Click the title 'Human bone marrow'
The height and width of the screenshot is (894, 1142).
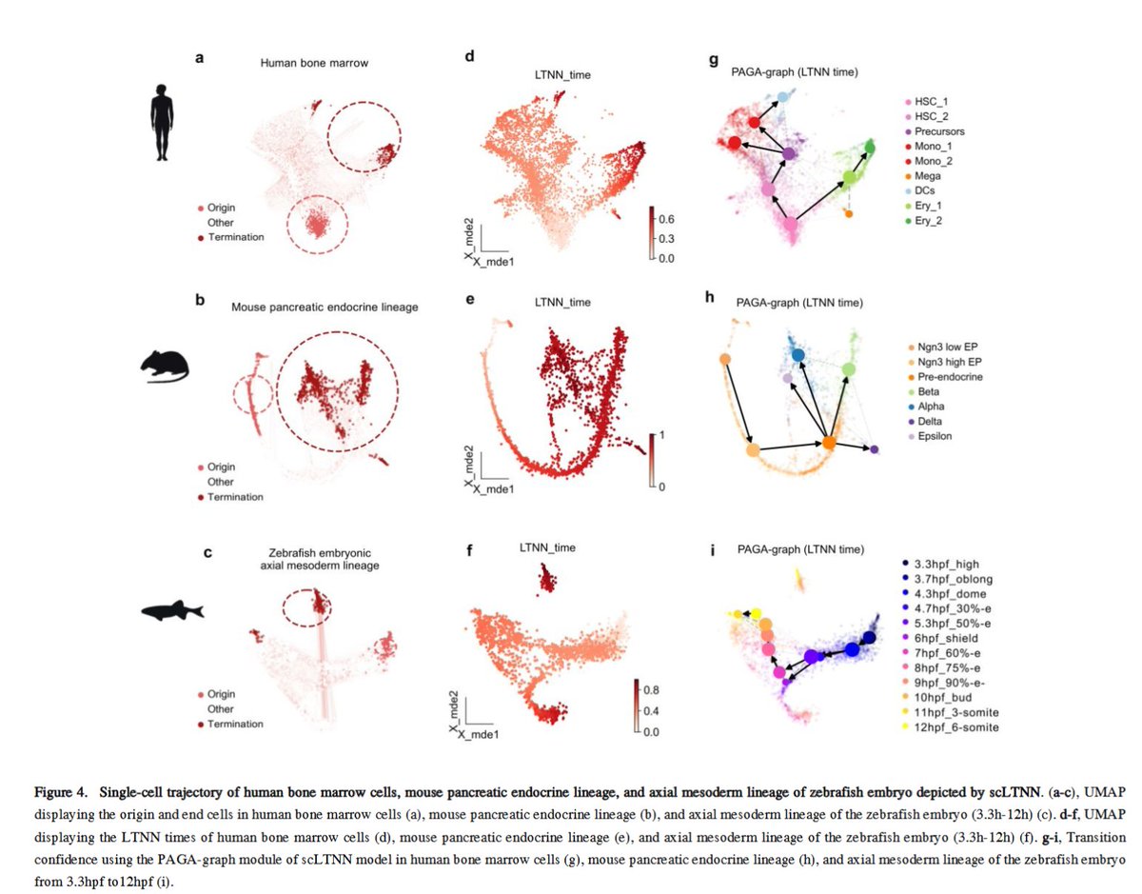pyautogui.click(x=302, y=63)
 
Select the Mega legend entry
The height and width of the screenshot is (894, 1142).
pyautogui.click(x=926, y=177)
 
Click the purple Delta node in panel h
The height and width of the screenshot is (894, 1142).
pyautogui.click(x=875, y=448)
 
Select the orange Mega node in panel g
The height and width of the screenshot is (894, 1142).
pyautogui.click(x=849, y=214)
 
